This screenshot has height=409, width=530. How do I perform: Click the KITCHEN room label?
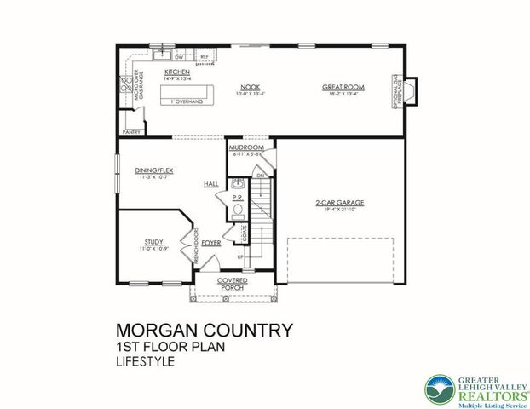coord(176,72)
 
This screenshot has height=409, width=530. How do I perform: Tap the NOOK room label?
coord(250,87)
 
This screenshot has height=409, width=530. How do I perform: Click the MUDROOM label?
coord(246,148)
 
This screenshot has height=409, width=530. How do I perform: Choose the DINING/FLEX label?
coord(154,172)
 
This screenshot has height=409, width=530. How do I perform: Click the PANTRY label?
coord(131,133)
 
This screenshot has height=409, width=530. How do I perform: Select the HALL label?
coord(211,184)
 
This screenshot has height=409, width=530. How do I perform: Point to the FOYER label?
coord(211,243)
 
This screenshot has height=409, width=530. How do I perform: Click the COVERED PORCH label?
coord(232,285)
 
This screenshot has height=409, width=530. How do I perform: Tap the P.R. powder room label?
coord(238,196)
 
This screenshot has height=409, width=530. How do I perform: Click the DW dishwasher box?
coord(180,57)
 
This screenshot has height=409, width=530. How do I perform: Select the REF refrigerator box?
coord(204,57)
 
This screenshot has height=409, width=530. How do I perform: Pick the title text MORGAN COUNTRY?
coord(204,330)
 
